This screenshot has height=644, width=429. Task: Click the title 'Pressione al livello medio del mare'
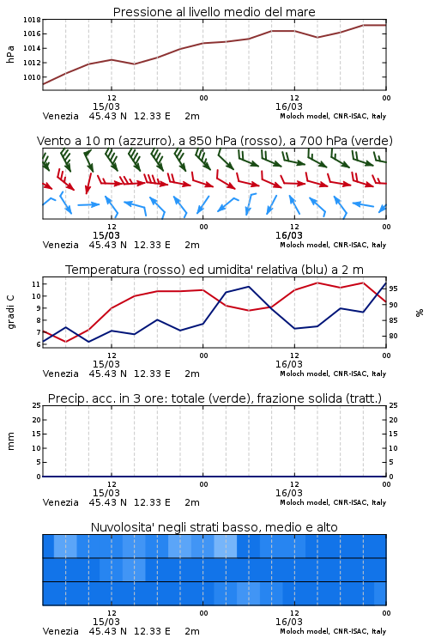pyautogui.click(x=214, y=12)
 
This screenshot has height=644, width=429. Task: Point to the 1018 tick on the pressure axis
pyautogui.click(x=32, y=20)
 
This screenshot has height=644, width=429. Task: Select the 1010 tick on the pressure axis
pyautogui.click(x=32, y=77)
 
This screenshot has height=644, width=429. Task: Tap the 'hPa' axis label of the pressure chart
pyautogui.click(x=10, y=54)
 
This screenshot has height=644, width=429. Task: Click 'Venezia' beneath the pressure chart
pyautogui.click(x=60, y=116)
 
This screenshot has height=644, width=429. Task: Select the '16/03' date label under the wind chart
pyautogui.click(x=288, y=235)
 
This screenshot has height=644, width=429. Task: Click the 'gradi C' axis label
pyautogui.click(x=10, y=313)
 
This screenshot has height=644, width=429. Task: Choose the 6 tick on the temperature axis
pyautogui.click(x=38, y=344)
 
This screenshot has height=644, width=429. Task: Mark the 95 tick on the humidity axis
pyautogui.click(x=393, y=289)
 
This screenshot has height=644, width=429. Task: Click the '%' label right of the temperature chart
pyautogui.click(x=420, y=313)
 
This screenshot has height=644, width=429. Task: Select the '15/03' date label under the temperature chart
pyautogui.click(x=106, y=364)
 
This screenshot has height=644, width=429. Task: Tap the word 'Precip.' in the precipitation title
pyautogui.click(x=63, y=398)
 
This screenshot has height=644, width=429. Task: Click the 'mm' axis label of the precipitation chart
pyautogui.click(x=10, y=441)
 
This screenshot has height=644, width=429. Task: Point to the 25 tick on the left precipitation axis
pyautogui.click(x=36, y=405)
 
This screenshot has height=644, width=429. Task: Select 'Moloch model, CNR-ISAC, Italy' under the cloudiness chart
pyautogui.click(x=333, y=631)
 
